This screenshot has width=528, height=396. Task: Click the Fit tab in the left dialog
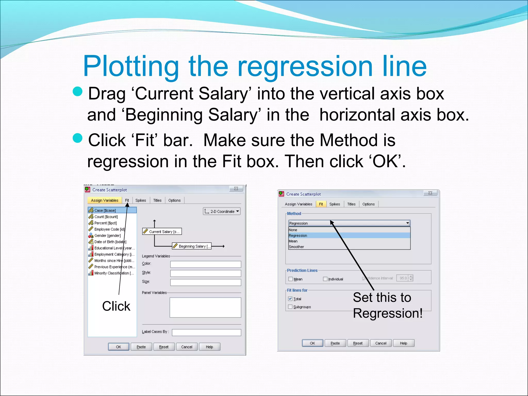coord(127,200)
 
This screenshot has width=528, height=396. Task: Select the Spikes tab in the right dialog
coord(334,204)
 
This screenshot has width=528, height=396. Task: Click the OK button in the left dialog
coord(118,347)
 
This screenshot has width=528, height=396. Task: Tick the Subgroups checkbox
coord(290,307)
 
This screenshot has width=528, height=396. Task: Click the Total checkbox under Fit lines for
coord(290,299)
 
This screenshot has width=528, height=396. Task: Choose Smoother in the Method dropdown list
coord(296,247)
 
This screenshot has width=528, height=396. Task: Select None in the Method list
coord(293,230)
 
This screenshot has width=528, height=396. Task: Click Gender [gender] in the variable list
coord(107,236)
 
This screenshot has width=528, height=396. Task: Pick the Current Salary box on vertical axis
coord(162,232)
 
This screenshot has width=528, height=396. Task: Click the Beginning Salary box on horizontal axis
coord(192,246)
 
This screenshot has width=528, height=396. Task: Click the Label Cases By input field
coord(206,333)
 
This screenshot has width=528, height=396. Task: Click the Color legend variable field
coord(205,264)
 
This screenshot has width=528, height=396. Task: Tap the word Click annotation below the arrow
coord(116,306)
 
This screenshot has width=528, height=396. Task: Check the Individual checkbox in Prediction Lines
coord(325,279)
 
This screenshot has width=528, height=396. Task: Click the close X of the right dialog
coord(430,193)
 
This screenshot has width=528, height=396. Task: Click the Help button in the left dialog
coord(209,347)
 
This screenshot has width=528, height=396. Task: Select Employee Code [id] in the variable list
coord(109,229)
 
